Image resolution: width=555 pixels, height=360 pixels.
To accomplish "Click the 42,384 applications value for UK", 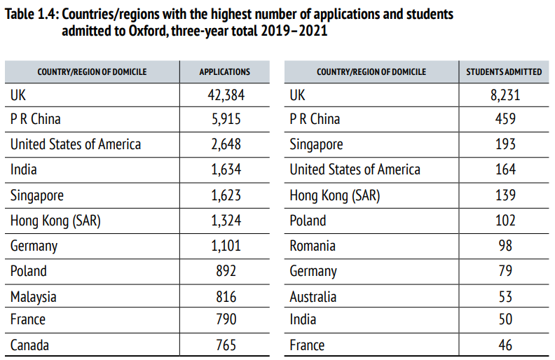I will pos(224,95).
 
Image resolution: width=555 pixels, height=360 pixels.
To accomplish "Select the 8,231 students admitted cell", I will pos(505,95).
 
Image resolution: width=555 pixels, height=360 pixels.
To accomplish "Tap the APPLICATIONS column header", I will pos(224,71).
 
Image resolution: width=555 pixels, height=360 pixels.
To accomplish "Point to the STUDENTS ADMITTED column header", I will pos(504,71).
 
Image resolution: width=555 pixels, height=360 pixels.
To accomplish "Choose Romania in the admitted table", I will pos(313,246).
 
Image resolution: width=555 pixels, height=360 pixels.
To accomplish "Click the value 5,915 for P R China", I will pos(224,119).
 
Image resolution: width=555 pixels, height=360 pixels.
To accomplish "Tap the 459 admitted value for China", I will pos(505,119).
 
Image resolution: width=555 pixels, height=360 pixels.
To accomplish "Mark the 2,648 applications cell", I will pos(224,144).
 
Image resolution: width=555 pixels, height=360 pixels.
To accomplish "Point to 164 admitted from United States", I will pos(505,169).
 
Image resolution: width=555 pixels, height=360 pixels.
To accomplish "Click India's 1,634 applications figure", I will pos(224,169).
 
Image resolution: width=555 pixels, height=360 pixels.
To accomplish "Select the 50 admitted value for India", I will pos(505,320).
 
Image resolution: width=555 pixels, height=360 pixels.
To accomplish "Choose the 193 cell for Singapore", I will pos(505,144).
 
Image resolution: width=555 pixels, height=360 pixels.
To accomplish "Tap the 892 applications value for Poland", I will pos(224,271).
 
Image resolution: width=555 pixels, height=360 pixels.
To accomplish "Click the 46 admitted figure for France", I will pos(505,345).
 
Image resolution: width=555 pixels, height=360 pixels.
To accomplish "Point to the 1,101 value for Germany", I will pos(224,246).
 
